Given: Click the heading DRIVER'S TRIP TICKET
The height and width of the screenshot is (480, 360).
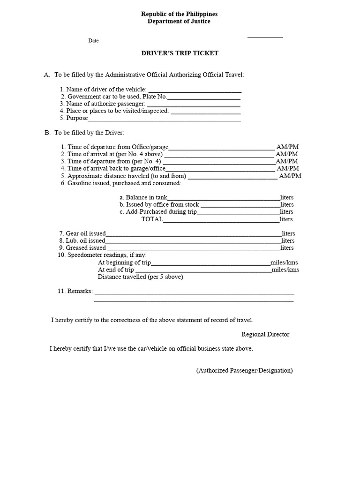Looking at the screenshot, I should [180, 53].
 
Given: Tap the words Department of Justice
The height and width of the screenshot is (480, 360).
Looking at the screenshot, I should [180, 22].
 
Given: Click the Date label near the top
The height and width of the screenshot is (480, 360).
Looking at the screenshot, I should [93, 41].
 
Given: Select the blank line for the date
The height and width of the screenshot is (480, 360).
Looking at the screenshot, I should [265, 37].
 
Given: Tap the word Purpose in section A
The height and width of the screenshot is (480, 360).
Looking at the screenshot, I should [77, 118].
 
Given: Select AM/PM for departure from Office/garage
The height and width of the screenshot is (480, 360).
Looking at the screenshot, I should [287, 147].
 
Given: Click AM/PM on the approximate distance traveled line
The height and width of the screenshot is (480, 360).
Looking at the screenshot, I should [290, 176].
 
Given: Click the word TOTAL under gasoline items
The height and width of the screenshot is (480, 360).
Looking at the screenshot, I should [152, 219].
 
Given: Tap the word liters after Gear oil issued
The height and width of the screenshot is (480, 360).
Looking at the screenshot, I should [288, 233].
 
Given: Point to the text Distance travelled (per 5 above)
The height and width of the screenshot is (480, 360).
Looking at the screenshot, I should [140, 277].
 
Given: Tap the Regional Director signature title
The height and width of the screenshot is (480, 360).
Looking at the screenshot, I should [265, 335].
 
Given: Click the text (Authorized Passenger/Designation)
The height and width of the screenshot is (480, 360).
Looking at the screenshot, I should [244, 370].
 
